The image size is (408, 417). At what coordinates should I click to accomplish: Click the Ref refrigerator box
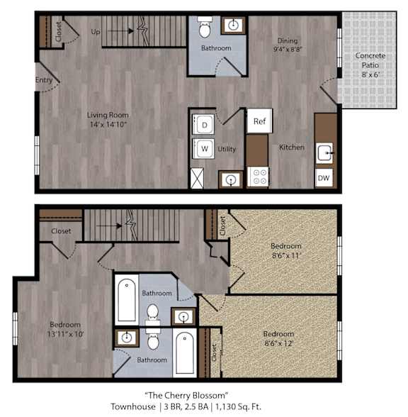[259, 121]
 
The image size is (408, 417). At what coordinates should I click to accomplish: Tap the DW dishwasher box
[324, 177]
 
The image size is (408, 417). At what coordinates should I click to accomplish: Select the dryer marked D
[203, 125]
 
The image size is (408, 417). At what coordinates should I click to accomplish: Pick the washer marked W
[203, 148]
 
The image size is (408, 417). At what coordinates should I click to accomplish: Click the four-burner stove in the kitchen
[257, 177]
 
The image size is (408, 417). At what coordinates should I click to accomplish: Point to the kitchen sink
[324, 153]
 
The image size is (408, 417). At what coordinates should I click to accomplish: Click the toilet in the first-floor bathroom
[205, 27]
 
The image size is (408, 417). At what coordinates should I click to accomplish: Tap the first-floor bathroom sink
[233, 26]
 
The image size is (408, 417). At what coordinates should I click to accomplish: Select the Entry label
[44, 79]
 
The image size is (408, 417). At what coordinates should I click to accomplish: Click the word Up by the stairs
[96, 32]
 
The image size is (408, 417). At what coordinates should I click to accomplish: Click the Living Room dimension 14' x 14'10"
[108, 124]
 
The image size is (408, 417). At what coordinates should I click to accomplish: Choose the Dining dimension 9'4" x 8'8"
[288, 49]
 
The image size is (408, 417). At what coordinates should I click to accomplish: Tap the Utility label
[227, 149]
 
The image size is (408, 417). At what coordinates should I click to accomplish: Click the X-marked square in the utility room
[198, 178]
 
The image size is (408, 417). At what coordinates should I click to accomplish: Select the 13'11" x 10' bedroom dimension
[66, 333]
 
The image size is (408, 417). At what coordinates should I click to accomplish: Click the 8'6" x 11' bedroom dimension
[286, 255]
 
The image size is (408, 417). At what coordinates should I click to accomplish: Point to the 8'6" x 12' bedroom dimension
[279, 343]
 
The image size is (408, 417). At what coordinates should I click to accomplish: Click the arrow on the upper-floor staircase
[109, 226]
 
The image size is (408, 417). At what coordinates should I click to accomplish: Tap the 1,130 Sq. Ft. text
[238, 406]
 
